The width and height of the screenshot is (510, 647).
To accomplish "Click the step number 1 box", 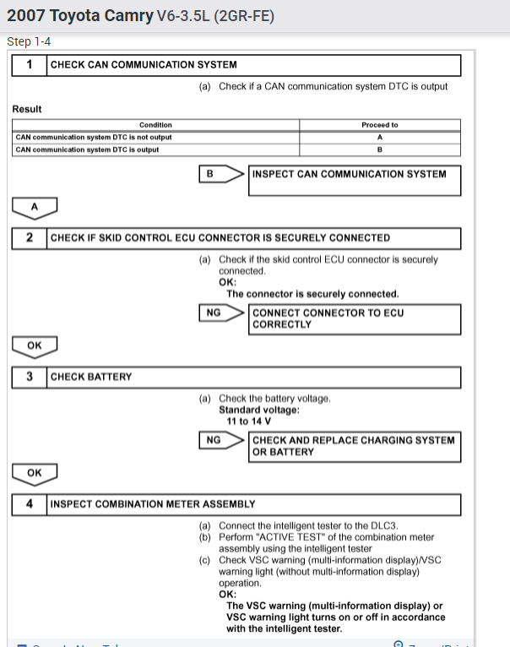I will point(30,65).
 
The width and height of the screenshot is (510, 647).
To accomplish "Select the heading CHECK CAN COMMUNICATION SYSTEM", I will point(144,65).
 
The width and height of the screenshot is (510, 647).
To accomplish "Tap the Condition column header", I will point(155,125).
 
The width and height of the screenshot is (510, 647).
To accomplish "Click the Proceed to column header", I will point(379,125).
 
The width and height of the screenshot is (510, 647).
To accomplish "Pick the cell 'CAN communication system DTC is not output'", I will point(93,137).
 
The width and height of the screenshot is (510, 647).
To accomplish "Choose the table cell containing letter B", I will point(379,150).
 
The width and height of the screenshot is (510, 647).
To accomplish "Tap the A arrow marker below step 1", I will point(35,205).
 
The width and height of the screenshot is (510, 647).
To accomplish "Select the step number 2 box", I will point(30,237).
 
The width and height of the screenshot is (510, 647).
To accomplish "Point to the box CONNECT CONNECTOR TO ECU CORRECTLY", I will point(355,318).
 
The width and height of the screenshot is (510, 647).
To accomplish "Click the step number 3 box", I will point(30,377).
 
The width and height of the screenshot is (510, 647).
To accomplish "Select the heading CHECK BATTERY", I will point(91,377).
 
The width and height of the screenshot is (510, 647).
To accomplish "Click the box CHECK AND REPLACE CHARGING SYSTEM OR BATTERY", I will point(355,446).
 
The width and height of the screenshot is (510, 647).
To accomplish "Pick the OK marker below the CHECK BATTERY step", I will point(35,472).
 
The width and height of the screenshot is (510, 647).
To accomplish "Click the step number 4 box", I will point(30,504).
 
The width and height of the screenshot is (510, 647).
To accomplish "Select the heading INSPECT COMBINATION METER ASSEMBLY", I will point(153,504).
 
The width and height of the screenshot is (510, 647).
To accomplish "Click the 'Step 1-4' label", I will point(29,41).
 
